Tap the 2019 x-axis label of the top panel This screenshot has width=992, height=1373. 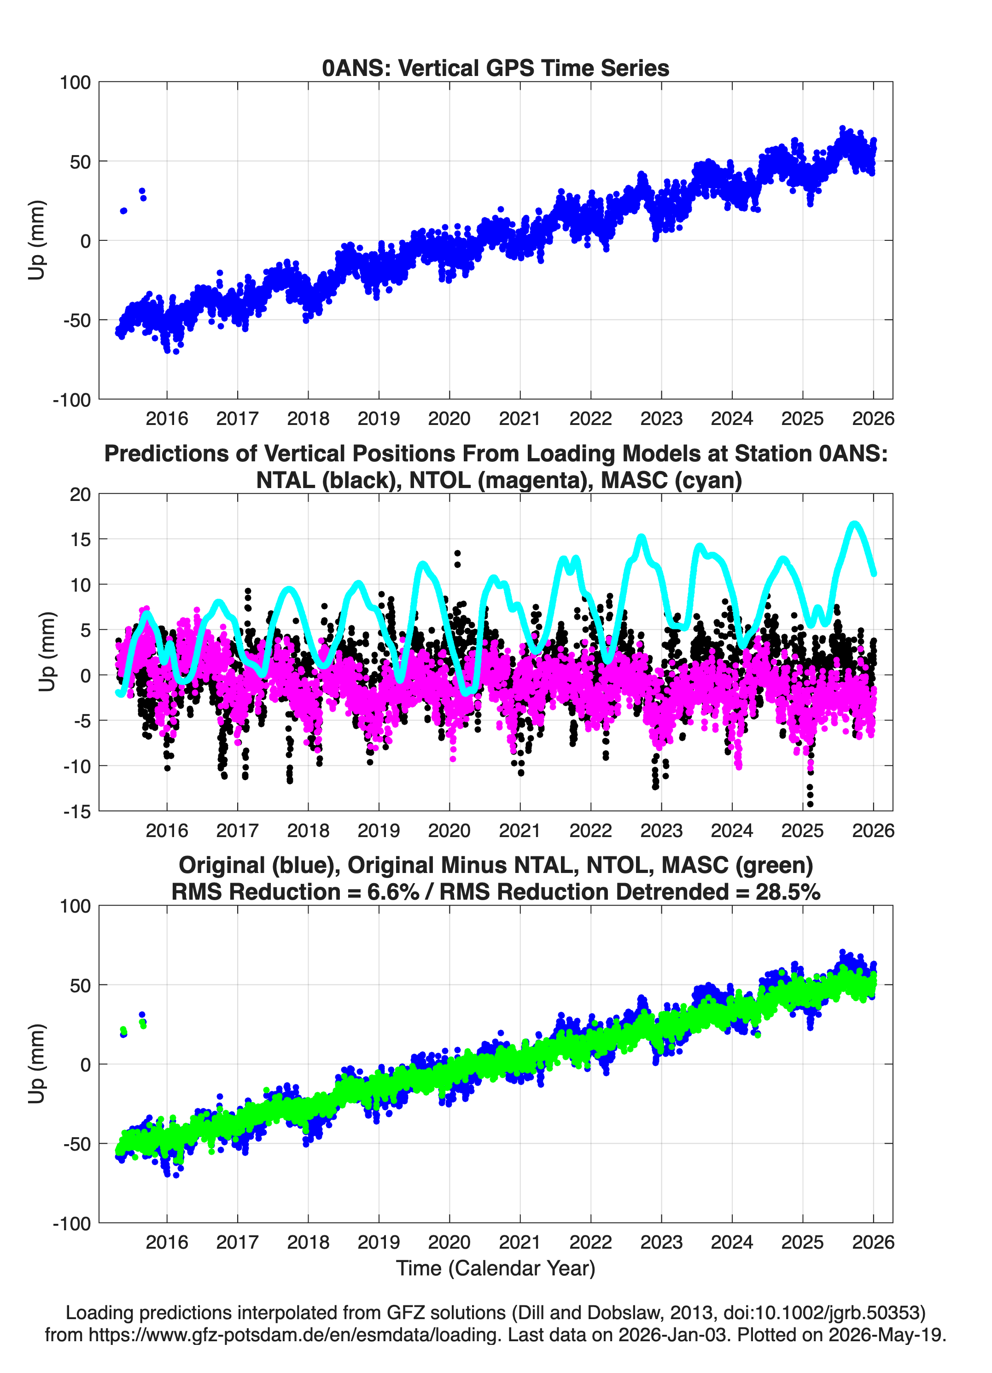[379, 419]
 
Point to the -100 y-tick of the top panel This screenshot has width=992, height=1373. [71, 400]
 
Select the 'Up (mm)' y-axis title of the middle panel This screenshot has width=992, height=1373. [47, 652]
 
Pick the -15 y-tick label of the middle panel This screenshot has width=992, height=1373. [77, 812]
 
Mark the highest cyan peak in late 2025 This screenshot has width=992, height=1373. [854, 524]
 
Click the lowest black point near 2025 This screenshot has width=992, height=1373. [810, 804]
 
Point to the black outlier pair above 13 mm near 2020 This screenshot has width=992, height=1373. [457, 559]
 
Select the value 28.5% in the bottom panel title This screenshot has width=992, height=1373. [788, 892]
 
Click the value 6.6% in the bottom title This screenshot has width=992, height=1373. [393, 892]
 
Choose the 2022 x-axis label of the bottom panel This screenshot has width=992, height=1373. [590, 1242]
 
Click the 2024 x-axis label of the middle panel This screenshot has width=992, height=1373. [732, 831]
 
